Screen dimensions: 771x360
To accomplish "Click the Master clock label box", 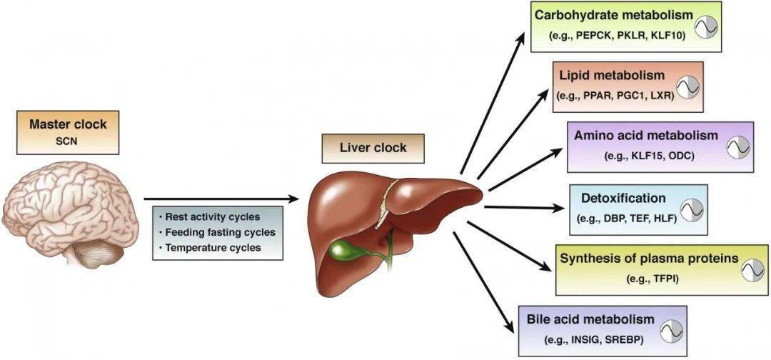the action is point(68,132).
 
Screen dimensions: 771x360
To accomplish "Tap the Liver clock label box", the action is point(373,148).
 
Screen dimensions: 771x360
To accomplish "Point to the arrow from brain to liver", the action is point(221,199).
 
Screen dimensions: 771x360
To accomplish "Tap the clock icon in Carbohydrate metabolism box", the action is point(706,26).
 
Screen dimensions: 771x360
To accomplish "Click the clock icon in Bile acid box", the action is point(671,331).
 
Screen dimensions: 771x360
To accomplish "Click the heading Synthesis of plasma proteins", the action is point(650,259).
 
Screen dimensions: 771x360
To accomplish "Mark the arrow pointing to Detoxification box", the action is point(524,208).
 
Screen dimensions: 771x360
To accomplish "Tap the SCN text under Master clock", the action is point(68,141).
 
